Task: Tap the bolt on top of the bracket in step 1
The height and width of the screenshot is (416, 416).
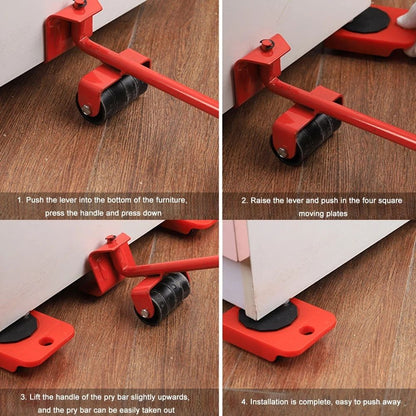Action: [x=78, y=4]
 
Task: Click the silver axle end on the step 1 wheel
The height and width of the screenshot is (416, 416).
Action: [x=86, y=108]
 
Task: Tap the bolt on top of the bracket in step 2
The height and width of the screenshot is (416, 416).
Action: [x=267, y=45]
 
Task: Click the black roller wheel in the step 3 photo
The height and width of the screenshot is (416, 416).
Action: [x=164, y=297]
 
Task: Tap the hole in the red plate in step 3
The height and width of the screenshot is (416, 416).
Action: [x=46, y=341]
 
